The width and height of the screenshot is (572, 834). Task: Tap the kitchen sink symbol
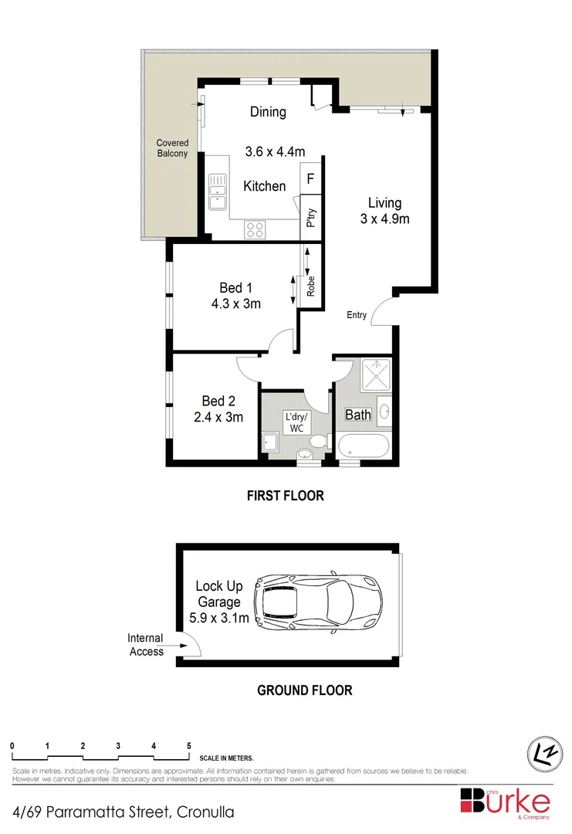point(217,192)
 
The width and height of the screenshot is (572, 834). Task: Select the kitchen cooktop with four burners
point(256,229)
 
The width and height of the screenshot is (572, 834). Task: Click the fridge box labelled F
point(310,178)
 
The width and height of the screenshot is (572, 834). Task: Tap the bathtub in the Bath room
point(362,446)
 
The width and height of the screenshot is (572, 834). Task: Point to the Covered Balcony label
point(171,148)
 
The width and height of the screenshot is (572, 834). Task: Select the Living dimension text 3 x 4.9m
point(384,219)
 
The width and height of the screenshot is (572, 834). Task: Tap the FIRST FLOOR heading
point(285,496)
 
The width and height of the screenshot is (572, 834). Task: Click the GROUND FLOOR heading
point(304,690)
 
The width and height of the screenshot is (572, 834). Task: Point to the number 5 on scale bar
point(189,746)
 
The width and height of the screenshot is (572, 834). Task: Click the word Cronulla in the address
point(205,812)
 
